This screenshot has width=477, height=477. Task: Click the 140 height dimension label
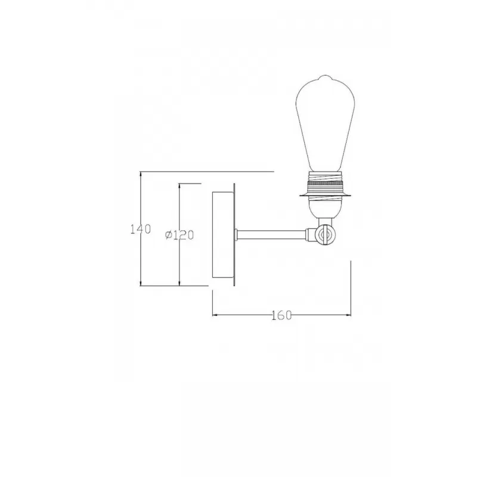[x=141, y=229]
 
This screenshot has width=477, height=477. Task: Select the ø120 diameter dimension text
[x=179, y=235]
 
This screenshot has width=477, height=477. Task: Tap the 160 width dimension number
[x=281, y=315]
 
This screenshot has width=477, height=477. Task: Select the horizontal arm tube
[x=272, y=234]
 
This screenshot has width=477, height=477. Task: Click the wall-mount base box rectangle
[x=223, y=235]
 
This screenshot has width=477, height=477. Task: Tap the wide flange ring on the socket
[x=325, y=195]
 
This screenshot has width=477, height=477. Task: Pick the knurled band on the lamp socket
[x=325, y=184]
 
